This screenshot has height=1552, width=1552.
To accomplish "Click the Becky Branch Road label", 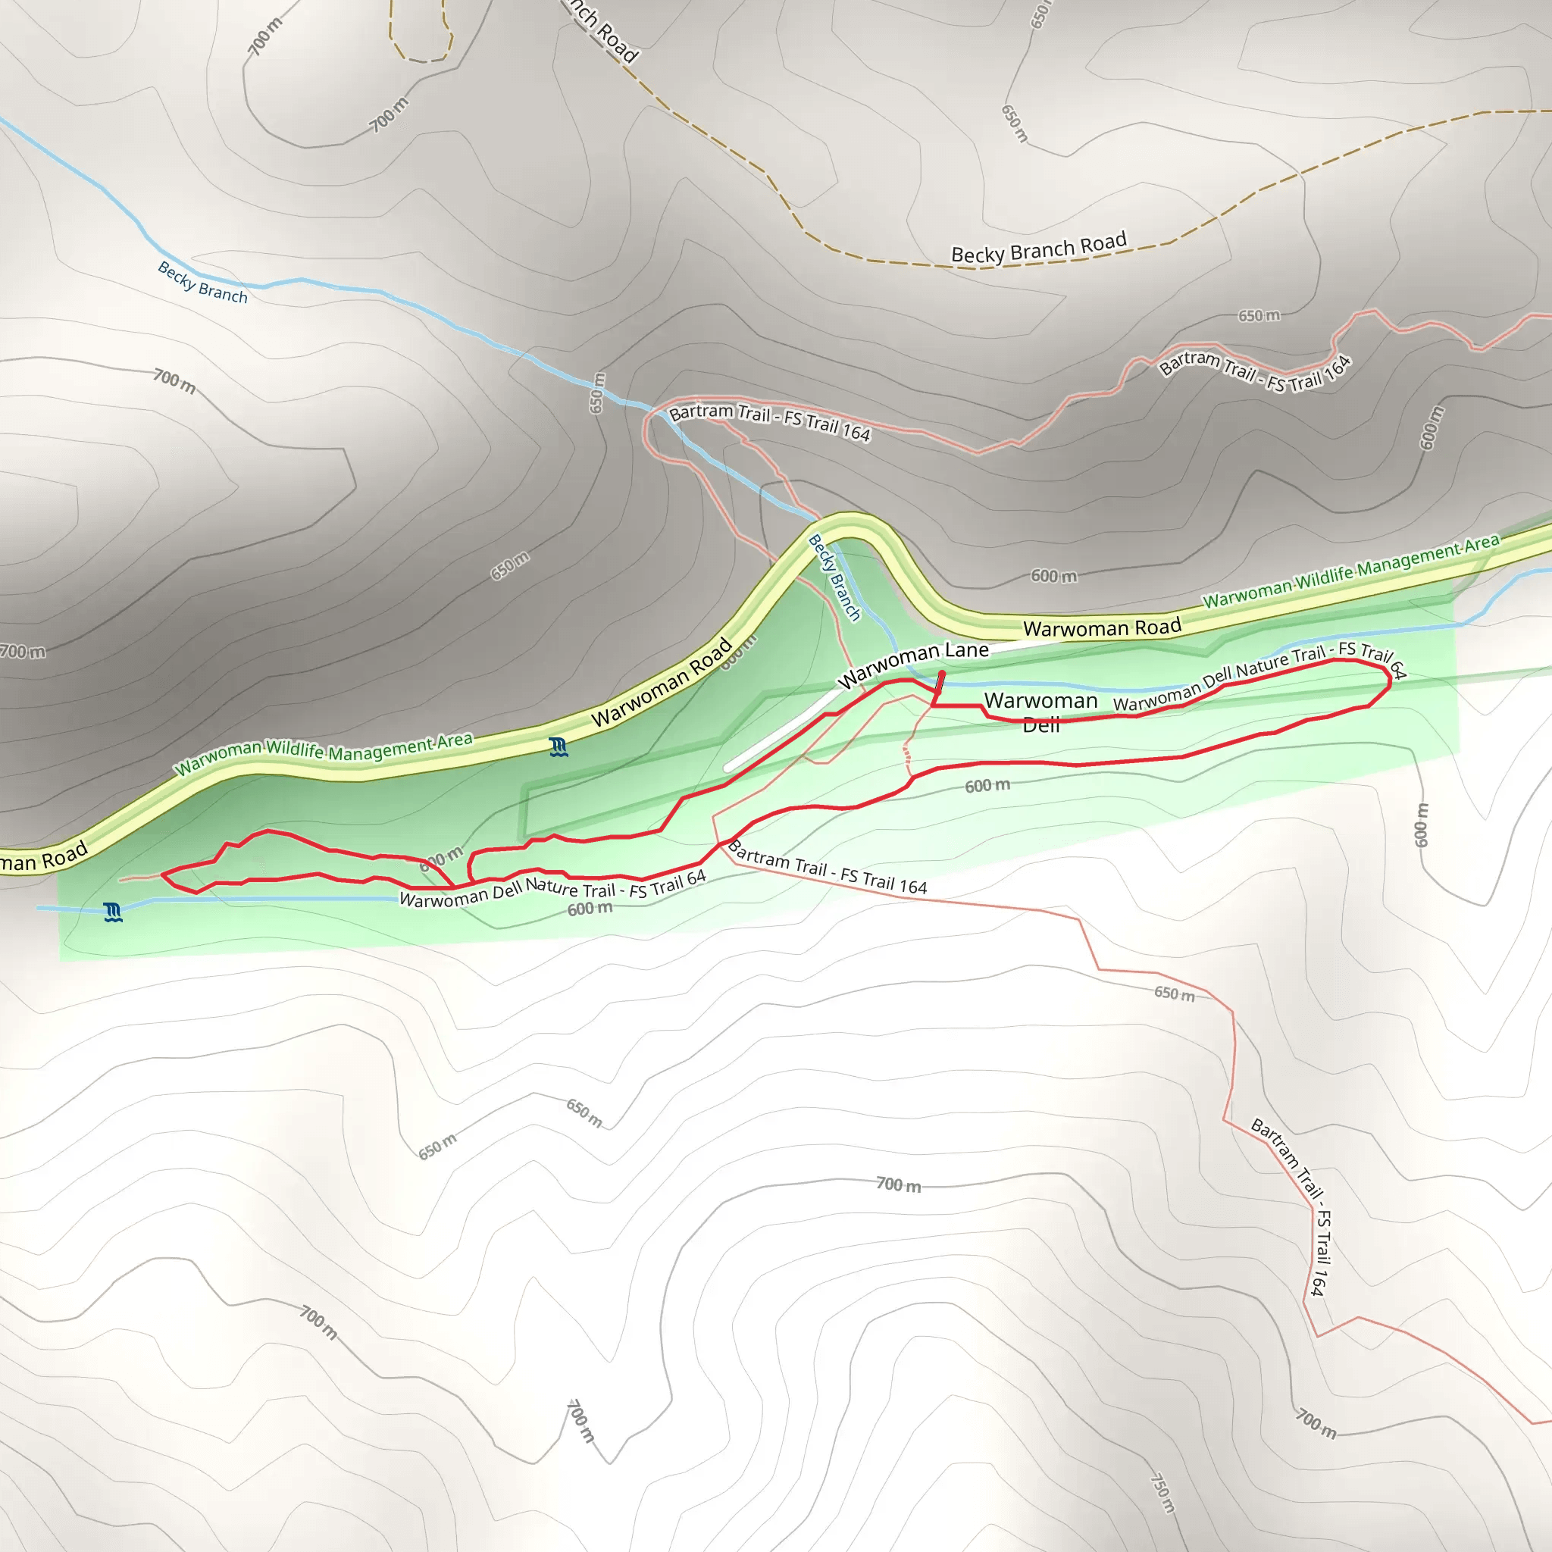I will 1038,249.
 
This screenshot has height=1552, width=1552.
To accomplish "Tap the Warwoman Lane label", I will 912,664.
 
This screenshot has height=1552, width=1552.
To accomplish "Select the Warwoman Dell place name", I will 1040,712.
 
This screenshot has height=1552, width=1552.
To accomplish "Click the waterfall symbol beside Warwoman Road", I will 559,747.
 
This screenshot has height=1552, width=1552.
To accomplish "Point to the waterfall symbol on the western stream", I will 113,912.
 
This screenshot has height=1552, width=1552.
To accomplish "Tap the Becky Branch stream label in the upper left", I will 202,283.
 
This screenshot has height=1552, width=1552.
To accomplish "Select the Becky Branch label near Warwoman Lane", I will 834,577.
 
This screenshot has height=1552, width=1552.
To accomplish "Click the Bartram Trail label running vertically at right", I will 1299,1205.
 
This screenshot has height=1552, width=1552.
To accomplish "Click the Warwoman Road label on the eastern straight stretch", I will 1101,628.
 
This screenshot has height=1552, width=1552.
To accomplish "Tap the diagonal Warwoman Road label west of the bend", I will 662,682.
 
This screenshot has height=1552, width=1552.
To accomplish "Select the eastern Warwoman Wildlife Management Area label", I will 1350,571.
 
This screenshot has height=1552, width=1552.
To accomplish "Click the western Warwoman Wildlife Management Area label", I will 324,753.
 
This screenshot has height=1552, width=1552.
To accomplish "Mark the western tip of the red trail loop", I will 163,874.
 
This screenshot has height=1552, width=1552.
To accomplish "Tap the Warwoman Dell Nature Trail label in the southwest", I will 552,888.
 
